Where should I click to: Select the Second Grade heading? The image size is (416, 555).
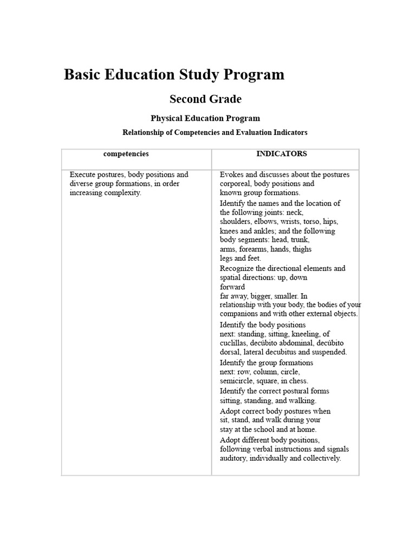[205, 99]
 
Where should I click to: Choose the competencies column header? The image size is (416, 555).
[126, 154]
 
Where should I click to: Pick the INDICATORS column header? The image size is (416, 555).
[282, 154]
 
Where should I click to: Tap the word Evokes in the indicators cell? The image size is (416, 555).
[231, 175]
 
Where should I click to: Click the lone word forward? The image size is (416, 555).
[232, 287]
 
